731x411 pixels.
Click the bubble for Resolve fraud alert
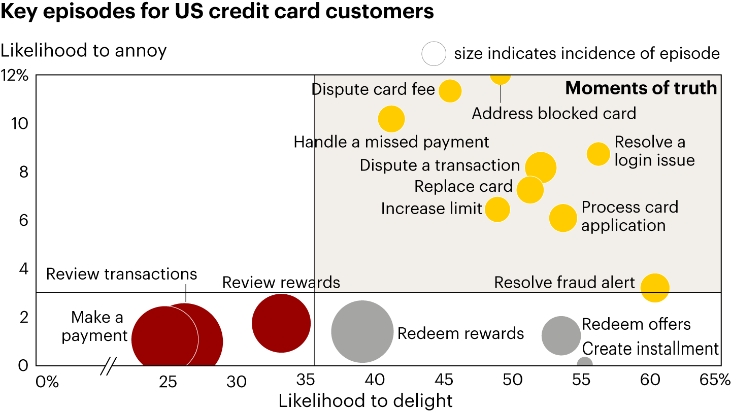655,288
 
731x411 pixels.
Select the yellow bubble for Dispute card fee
450,91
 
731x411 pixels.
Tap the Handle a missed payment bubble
391,119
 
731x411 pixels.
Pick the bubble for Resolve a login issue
599,154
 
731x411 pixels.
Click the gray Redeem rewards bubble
362,331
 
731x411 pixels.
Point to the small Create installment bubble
585,363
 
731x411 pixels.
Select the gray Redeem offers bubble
561,335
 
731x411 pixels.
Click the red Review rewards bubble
281,323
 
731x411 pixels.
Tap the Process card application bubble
563,218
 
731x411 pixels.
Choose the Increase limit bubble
497,209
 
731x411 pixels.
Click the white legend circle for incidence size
434,53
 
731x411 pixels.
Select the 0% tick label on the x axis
47,381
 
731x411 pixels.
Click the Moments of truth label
641,88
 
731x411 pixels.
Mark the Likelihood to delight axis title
365,400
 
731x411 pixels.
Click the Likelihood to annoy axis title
84,51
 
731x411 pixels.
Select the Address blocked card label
554,113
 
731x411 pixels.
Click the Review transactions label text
121,275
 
